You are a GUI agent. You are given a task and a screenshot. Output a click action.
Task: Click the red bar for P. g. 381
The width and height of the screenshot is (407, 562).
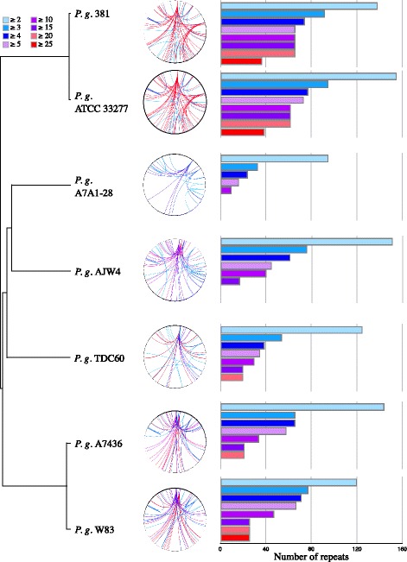point(241,61)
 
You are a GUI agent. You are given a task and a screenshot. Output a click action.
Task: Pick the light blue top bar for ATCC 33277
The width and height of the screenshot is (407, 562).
point(308,76)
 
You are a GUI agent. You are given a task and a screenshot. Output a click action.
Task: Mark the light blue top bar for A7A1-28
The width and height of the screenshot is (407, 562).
point(274,158)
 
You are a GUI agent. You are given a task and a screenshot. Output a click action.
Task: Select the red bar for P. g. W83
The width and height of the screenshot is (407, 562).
point(234,538)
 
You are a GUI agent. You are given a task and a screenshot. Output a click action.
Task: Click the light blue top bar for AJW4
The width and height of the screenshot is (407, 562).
point(306,241)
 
